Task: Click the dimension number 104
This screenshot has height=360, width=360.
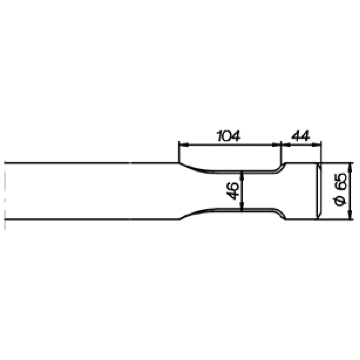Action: click(229, 136)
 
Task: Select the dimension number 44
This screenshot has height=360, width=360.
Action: click(301, 136)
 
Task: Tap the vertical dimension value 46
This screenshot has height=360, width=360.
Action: click(232, 190)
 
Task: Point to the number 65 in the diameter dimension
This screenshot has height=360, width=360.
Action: click(341, 181)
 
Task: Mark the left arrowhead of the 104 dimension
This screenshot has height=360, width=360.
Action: click(184, 145)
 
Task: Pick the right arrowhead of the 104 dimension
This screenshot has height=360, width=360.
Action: click(276, 145)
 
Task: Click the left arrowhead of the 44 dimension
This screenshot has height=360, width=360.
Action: click(285, 145)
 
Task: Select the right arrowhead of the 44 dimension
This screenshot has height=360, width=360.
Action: click(317, 145)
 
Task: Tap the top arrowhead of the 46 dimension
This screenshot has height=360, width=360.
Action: click(242, 175)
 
